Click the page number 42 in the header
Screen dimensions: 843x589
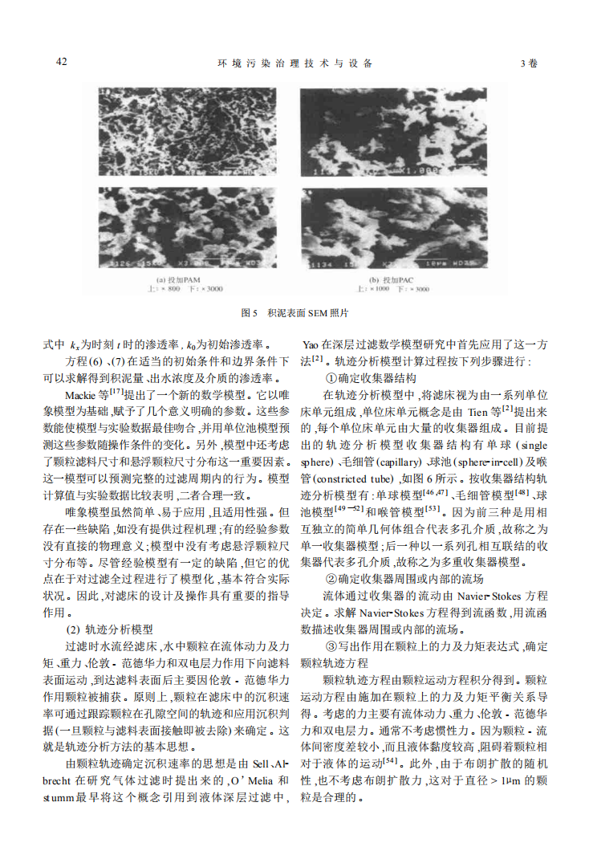(x=61, y=62)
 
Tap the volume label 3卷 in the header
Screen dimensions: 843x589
(x=529, y=63)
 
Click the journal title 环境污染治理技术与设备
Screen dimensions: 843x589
(x=294, y=63)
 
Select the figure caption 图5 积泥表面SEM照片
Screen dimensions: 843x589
(x=294, y=312)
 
